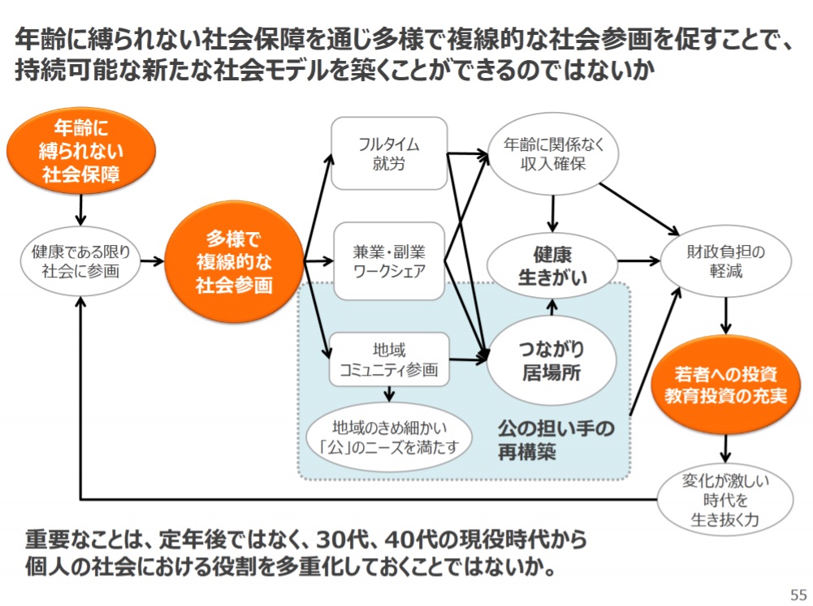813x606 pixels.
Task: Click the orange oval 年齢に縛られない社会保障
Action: coord(81,151)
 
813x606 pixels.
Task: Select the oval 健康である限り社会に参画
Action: coord(80,261)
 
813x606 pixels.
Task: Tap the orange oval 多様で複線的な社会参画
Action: coord(234,261)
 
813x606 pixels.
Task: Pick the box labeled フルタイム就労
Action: coord(389,153)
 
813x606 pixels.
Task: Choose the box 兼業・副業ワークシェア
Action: coord(389,261)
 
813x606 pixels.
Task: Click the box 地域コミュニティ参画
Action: coord(389,359)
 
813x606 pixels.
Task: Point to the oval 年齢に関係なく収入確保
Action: coord(553,154)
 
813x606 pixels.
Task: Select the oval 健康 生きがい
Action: coord(552,266)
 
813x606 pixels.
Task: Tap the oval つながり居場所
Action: coord(551,360)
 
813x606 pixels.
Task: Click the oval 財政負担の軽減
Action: coord(726,261)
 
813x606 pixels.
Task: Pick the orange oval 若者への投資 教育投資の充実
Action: coord(726,385)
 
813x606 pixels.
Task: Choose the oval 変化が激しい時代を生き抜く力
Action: coord(724,500)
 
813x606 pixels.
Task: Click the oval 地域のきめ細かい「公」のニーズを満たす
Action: coord(389,437)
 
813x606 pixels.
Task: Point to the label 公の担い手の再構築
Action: coord(556,440)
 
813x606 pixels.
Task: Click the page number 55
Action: coord(798,594)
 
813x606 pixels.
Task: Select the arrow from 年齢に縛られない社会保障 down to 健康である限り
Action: coord(80,210)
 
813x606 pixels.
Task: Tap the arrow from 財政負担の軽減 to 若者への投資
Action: coord(726,316)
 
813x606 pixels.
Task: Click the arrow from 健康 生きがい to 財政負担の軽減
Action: coord(638,261)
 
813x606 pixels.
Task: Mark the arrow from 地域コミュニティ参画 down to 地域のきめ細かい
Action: coord(389,394)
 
